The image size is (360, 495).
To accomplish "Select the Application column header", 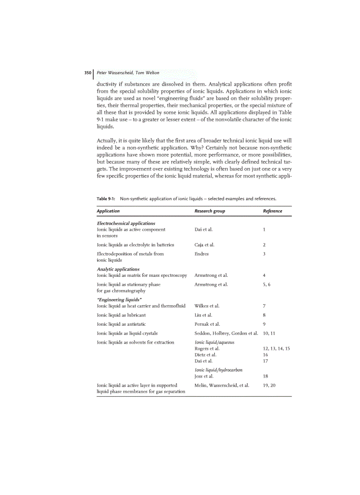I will click(108, 211).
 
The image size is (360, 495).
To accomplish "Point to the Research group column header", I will click(210, 211).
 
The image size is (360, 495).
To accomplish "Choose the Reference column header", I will click(272, 211).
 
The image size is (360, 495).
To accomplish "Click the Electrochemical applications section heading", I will click(126, 223).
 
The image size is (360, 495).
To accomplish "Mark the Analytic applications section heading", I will click(118, 269).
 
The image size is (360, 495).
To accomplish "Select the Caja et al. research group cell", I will click(204, 245).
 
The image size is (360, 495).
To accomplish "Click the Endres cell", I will click(202, 254).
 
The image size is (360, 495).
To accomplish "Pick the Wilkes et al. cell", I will click(207, 305).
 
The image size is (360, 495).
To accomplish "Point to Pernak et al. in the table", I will click(207, 324).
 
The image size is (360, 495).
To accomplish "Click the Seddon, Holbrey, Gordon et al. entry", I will click(226, 333).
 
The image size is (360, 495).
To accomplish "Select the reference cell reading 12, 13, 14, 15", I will click(276, 349).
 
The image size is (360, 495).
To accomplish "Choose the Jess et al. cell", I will click(204, 376).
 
